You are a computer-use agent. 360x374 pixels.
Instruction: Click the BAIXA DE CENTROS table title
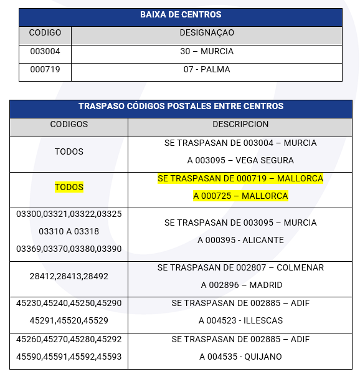click(180, 15)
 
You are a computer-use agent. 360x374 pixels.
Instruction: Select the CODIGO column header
click(45, 32)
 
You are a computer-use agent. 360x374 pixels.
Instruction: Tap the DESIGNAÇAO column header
click(207, 32)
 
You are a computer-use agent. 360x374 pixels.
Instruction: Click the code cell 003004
click(45, 52)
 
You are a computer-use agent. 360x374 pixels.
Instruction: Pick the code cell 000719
click(45, 70)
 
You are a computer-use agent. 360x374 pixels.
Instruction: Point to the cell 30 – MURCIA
click(207, 52)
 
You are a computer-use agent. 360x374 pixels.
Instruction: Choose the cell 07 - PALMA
click(207, 70)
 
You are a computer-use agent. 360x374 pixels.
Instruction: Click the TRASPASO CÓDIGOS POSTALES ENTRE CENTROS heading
click(181, 107)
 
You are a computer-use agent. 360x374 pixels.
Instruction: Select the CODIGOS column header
click(69, 125)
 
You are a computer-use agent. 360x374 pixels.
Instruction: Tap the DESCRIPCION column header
click(240, 125)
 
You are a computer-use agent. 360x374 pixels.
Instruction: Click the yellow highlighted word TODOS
click(69, 187)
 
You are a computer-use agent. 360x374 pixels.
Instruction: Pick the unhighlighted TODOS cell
click(69, 151)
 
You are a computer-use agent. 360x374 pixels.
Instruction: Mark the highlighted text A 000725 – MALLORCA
click(240, 196)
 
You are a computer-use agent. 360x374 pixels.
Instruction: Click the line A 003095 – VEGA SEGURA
click(240, 161)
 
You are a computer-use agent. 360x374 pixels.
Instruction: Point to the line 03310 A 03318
click(69, 231)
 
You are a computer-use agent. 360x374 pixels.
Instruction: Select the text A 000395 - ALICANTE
click(240, 241)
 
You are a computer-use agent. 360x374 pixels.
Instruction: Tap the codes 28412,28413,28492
click(69, 276)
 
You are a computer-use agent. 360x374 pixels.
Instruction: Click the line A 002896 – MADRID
click(240, 285)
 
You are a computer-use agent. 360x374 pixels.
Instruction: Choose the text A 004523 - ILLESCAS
click(240, 321)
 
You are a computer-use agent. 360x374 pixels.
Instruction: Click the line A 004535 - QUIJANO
click(240, 357)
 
